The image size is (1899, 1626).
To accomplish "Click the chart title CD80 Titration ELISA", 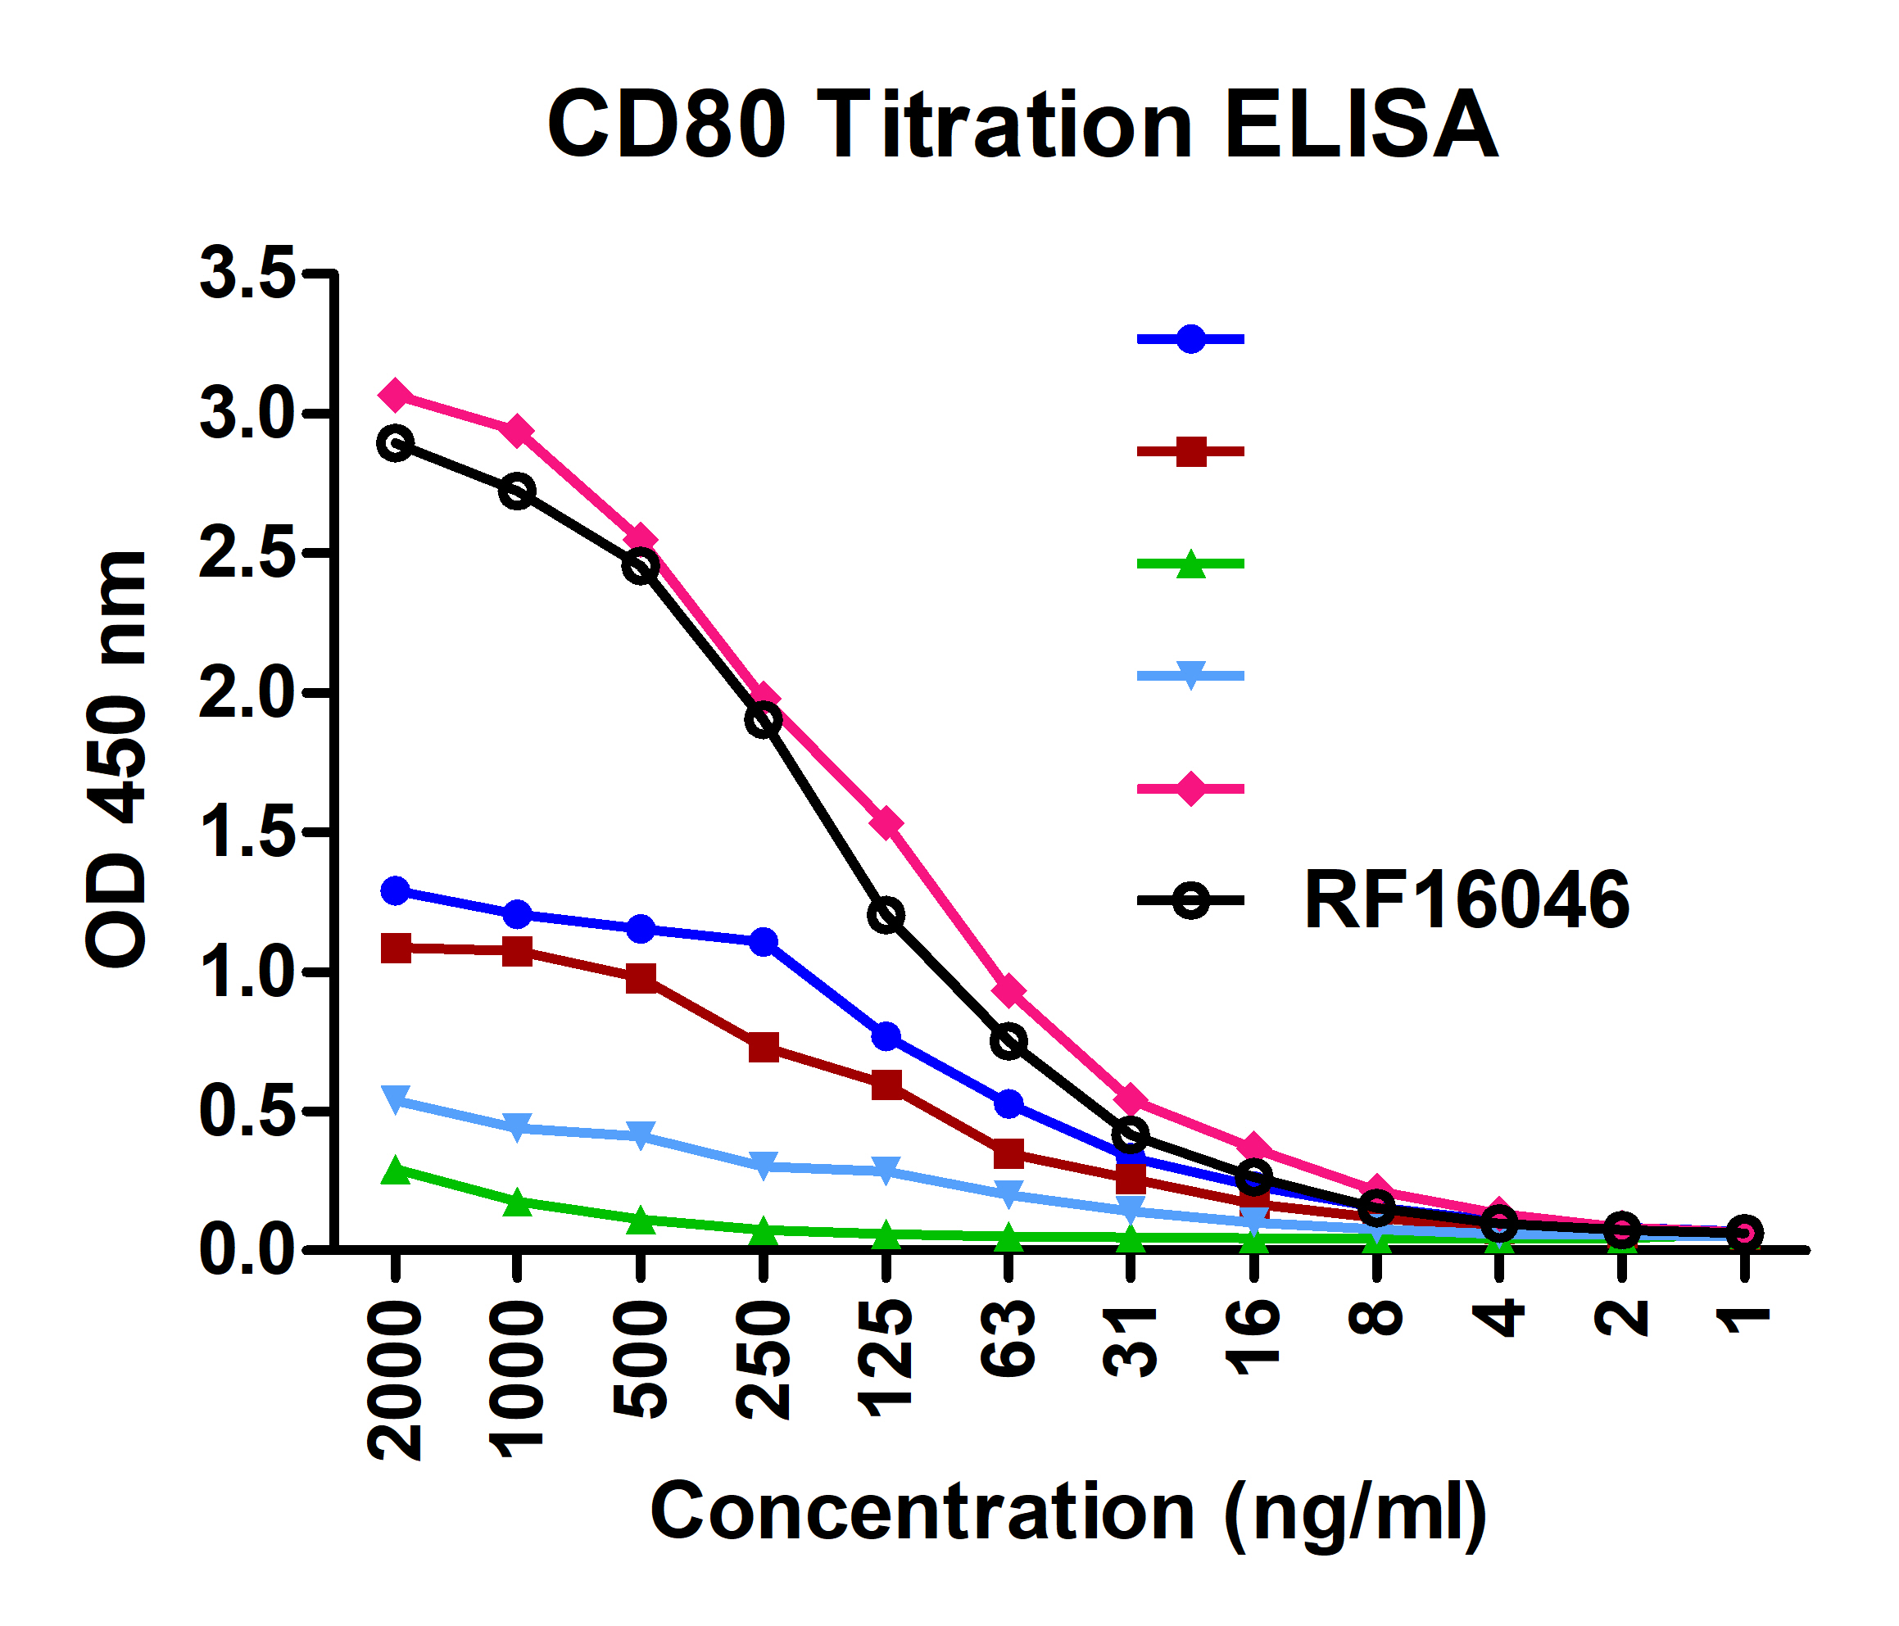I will point(1022,125).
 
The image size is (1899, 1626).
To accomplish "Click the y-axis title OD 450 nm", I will point(117,759).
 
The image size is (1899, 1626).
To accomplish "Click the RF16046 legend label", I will point(1466,901).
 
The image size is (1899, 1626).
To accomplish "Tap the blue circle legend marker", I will point(1190,339).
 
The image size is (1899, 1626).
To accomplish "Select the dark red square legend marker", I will point(1190,452).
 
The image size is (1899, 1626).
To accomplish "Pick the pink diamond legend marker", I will point(1190,788).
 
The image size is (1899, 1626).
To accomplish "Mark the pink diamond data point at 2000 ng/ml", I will point(395,395).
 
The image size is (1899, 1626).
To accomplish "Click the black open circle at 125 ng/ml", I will point(886,914).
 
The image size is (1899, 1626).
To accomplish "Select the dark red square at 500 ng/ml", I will point(641,978).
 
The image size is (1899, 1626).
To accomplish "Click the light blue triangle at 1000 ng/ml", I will point(518,1126).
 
